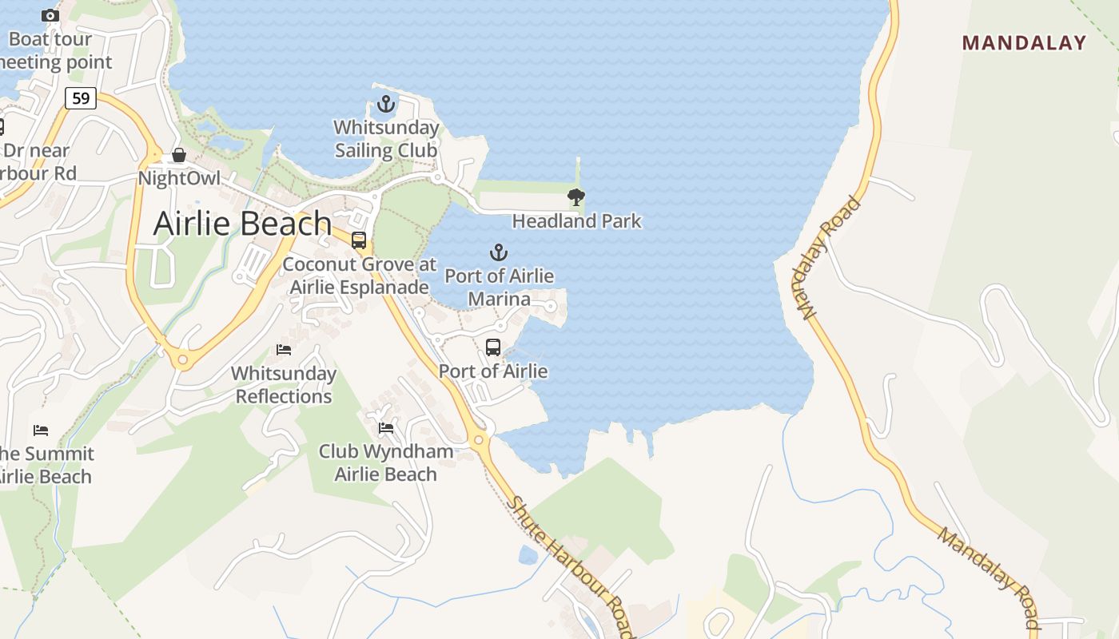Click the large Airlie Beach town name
(242, 223)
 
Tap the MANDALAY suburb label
(1024, 42)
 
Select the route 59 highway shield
(81, 98)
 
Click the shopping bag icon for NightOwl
(179, 155)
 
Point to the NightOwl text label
(179, 177)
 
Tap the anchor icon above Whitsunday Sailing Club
(386, 104)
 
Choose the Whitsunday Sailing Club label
(386, 139)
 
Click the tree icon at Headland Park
(575, 196)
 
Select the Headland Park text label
(576, 220)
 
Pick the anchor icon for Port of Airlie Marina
(498, 252)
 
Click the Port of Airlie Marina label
(499, 288)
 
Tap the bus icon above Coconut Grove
(359, 240)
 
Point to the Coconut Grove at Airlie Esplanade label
(360, 276)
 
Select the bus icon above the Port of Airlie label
(493, 347)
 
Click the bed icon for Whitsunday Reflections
(284, 349)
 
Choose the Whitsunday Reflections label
(284, 384)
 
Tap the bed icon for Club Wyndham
(386, 428)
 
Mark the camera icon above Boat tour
(50, 15)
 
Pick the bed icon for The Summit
(41, 431)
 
